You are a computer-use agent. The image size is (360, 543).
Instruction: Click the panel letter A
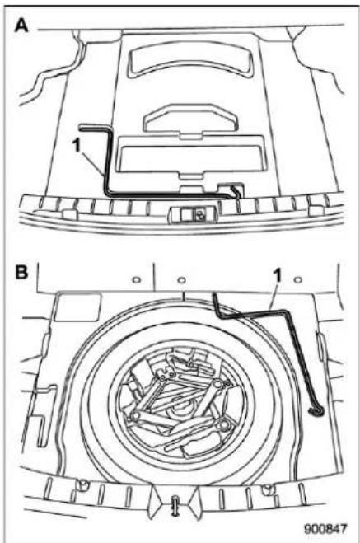(x=21, y=26)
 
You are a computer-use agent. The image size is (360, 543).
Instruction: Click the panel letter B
(x=21, y=272)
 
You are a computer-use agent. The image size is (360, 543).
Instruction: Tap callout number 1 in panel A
(x=76, y=146)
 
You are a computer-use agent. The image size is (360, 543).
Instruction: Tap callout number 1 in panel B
(x=278, y=276)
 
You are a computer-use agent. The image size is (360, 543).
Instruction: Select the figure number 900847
(x=325, y=529)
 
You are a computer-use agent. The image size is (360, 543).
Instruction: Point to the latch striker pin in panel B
(x=175, y=505)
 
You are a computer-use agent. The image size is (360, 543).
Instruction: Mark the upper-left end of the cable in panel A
(x=80, y=129)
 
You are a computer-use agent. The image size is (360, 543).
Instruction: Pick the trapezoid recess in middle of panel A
(x=191, y=118)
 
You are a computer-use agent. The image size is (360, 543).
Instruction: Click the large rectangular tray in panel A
(x=191, y=157)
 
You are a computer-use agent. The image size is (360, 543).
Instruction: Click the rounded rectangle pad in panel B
(x=78, y=307)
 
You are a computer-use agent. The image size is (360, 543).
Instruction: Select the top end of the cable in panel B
(x=215, y=295)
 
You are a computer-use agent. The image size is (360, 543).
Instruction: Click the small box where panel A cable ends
(x=231, y=190)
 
